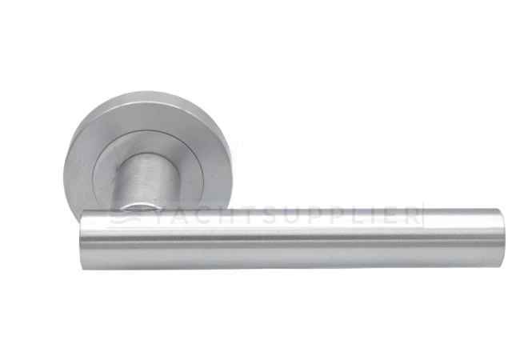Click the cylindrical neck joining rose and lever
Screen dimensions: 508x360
146,180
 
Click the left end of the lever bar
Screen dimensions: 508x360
83,240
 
